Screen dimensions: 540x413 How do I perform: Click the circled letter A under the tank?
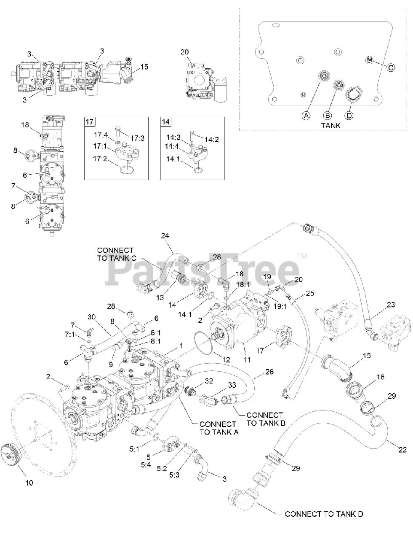click(x=306, y=115)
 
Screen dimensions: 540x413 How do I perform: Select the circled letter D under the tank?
click(x=349, y=115)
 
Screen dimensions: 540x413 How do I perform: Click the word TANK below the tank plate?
click(x=331, y=125)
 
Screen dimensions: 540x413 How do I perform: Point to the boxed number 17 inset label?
click(x=90, y=122)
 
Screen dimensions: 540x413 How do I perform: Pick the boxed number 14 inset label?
click(x=165, y=122)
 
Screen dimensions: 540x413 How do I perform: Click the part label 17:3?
click(x=137, y=138)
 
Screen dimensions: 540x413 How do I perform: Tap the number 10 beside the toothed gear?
click(x=29, y=482)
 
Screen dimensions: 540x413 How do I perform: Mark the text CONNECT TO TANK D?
click(x=324, y=514)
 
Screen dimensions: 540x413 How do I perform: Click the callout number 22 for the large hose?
click(x=402, y=450)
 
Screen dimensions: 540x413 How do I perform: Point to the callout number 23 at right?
click(x=391, y=304)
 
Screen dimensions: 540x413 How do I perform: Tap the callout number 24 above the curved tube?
click(x=165, y=236)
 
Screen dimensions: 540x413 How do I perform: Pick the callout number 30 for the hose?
click(x=92, y=316)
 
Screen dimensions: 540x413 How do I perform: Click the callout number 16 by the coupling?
click(x=380, y=377)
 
